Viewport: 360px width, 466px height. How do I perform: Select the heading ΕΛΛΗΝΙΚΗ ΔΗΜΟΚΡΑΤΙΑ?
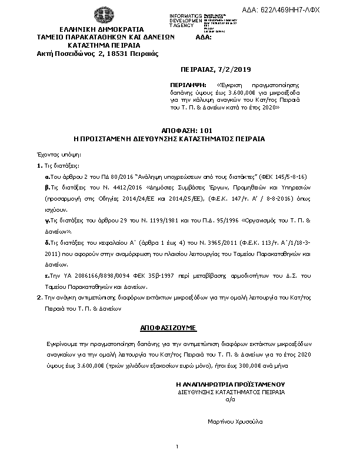(98, 29)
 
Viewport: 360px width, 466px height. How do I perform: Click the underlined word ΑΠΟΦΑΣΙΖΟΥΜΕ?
(168, 325)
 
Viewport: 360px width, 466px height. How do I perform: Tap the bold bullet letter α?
(48, 177)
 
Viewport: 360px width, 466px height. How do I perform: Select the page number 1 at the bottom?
(176, 448)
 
